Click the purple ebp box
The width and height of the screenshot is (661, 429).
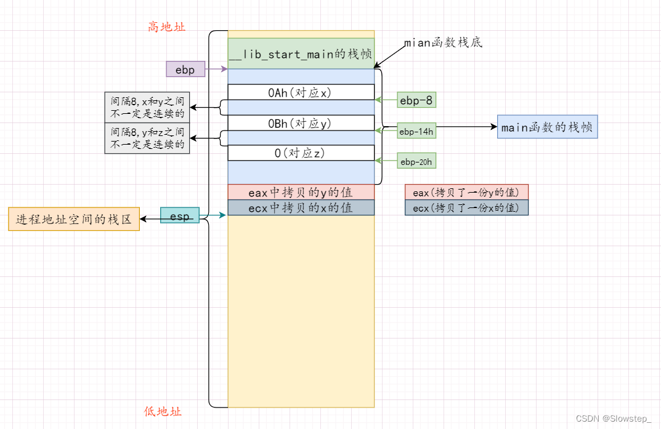coord(185,70)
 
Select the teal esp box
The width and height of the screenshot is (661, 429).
coord(180,215)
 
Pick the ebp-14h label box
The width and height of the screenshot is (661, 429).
coord(416,132)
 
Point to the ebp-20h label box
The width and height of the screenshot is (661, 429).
coord(416,161)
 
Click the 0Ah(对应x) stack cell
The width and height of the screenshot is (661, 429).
coord(301,92)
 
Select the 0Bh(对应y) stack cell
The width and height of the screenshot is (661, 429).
coord(301,123)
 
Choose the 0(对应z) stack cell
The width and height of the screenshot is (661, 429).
coord(301,153)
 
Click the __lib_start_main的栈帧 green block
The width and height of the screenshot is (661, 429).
coord(301,54)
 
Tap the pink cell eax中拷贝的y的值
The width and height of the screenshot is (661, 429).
coord(301,192)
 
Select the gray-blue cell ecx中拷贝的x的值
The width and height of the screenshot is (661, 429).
coord(301,207)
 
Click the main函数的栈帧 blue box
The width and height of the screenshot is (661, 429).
coord(547,127)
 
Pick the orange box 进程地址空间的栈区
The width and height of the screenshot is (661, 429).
coord(74,219)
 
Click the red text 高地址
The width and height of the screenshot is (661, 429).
coord(166,26)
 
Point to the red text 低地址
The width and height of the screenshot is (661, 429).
coord(163,411)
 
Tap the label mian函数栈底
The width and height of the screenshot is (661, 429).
coord(443,42)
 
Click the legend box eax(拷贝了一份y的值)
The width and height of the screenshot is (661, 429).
coord(466,192)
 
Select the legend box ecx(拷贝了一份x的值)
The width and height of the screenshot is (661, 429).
coord(466,208)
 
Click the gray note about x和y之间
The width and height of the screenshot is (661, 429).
coord(147,108)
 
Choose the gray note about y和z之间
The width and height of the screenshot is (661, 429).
coord(147,138)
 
